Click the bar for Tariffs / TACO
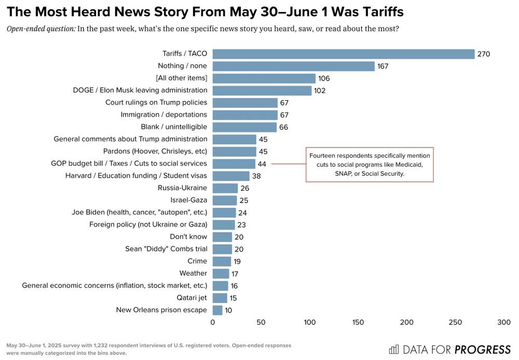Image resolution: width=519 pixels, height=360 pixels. tap(343, 54)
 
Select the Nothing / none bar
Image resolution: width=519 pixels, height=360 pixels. tap(293, 66)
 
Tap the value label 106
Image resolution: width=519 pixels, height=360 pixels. tap(324, 78)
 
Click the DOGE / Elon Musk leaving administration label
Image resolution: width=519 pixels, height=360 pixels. tap(140, 90)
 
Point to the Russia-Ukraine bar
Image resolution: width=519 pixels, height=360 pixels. tap(225, 188)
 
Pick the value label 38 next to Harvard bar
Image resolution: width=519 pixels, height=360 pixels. tap(256, 176)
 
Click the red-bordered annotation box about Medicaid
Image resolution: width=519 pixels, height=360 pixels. tap(369, 165)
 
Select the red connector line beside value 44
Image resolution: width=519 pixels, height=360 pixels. tap(288, 164)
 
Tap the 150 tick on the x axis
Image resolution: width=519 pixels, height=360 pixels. tap(358, 323)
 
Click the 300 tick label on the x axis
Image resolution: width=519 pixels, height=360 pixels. tap(503, 323)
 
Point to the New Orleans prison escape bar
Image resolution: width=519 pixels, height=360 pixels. tap(217, 310)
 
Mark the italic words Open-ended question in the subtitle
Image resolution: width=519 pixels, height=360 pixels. tap(40, 29)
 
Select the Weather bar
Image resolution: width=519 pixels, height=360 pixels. tap(221, 273)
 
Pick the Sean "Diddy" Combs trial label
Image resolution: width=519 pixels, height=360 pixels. tap(166, 249)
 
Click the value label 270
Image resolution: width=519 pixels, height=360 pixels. tap(483, 54)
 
